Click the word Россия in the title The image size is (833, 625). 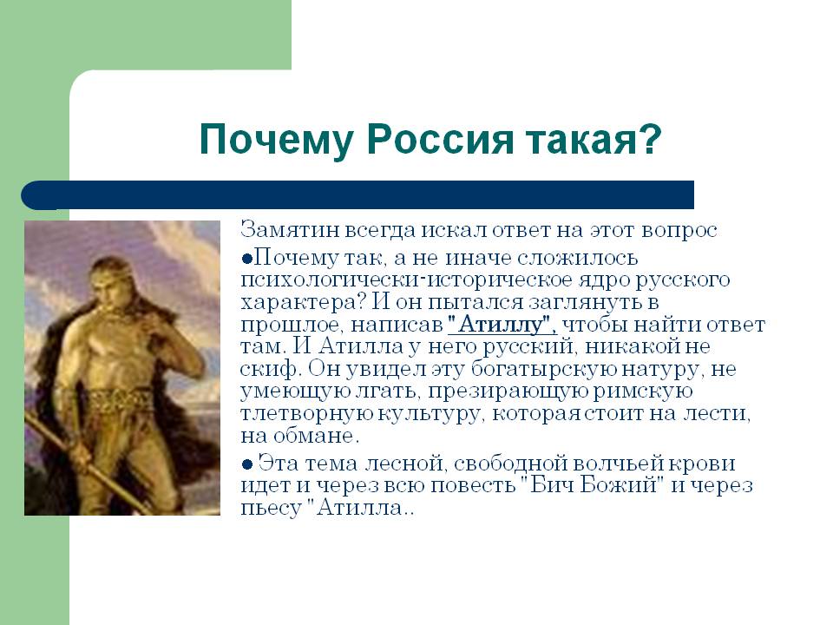[x=440, y=139]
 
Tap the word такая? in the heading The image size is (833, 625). [x=594, y=139]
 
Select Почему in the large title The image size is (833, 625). [x=276, y=141]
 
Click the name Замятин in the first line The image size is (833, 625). [x=290, y=230]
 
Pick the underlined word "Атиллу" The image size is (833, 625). [x=502, y=324]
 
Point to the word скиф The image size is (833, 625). [x=271, y=368]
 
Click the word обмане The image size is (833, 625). [x=317, y=437]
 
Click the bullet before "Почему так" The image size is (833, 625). [x=246, y=259]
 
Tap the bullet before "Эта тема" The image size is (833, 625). [x=246, y=464]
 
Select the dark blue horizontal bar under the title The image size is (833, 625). [x=357, y=195]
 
